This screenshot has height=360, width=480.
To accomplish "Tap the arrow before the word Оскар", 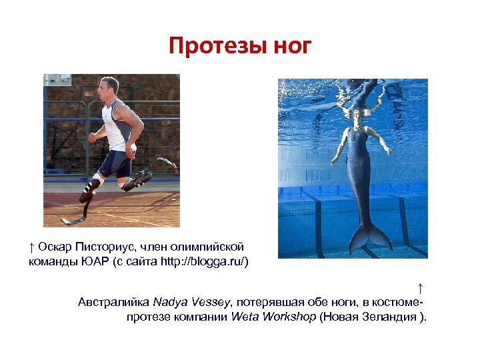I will click(x=32, y=247).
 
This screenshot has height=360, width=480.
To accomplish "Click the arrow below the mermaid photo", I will click(x=420, y=288).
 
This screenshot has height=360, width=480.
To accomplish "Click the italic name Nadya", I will click(x=169, y=302).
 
